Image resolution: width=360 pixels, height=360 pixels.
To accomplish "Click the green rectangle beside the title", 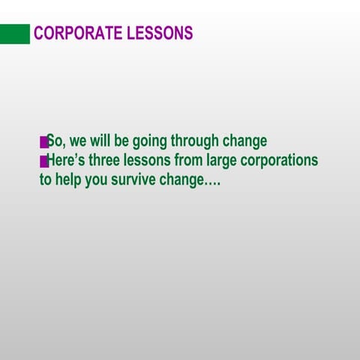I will (x=15, y=34).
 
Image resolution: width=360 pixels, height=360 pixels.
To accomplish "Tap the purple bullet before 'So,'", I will (x=43, y=142).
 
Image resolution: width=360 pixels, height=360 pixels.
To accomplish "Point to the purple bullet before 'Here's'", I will (x=43, y=161).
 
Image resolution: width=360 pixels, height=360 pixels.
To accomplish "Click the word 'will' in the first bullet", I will (x=100, y=141).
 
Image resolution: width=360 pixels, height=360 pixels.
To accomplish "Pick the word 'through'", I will (x=194, y=142).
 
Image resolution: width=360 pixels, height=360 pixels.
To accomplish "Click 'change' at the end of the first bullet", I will (x=244, y=142).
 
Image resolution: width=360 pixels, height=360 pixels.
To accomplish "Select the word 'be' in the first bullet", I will (x=121, y=141).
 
